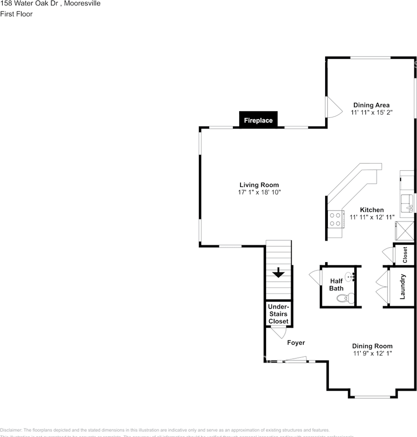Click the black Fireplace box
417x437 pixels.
coord(258,120)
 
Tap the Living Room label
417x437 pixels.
coord(259,185)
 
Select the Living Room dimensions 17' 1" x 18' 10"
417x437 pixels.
coord(259,193)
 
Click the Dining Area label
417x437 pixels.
coord(372,105)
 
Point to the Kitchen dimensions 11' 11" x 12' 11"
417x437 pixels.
coord(372,217)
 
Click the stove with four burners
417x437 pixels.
coord(335,219)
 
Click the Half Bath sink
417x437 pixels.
coord(349,276)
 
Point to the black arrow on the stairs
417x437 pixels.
coord(278,273)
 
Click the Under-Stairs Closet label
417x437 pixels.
coord(278,314)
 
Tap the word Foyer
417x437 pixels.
coord(296,343)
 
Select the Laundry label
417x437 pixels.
coord(402,287)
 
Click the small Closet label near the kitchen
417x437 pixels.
coord(405,255)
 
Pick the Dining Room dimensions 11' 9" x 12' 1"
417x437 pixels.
coord(372,353)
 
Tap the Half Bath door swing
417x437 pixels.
coord(315,277)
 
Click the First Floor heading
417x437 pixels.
coord(16,14)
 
